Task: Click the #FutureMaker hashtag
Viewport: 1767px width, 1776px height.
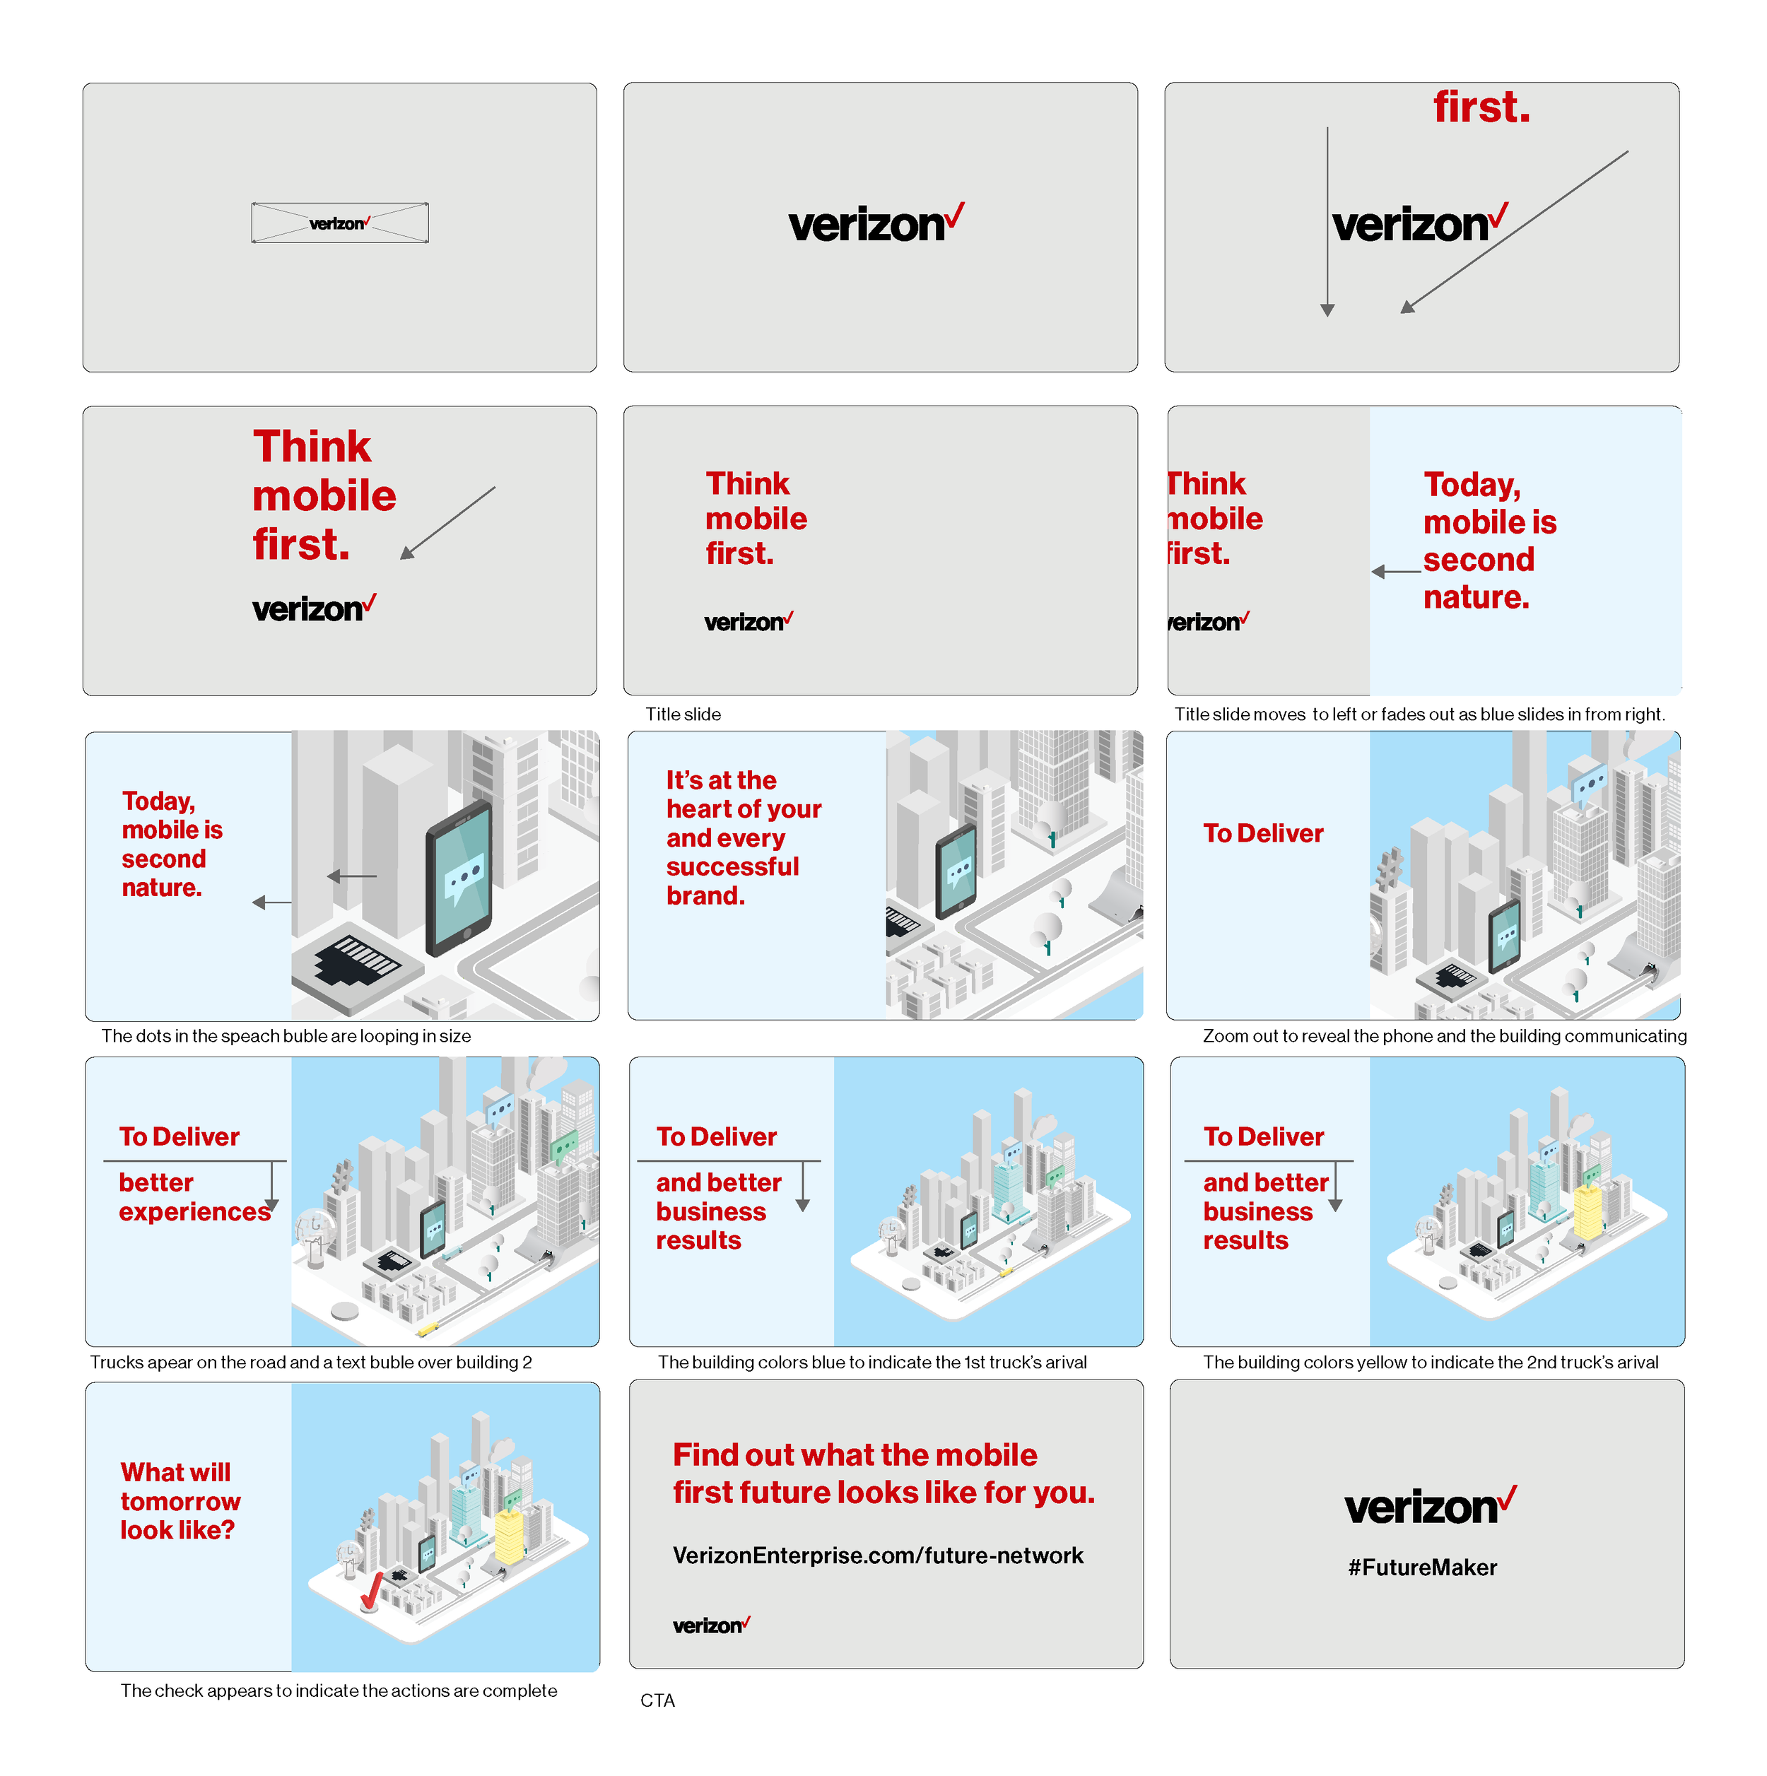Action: click(1422, 1568)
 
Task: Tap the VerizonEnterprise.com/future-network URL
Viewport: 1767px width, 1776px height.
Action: click(878, 1556)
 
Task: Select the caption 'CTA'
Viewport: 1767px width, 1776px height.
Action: click(657, 1700)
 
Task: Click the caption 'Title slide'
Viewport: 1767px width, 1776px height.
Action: click(683, 714)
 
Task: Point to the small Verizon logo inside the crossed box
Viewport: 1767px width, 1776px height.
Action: click(339, 223)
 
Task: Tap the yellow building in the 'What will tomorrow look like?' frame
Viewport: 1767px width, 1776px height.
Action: click(508, 1534)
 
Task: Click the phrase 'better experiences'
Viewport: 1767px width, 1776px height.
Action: click(194, 1197)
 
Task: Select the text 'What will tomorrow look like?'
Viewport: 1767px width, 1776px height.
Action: click(180, 1501)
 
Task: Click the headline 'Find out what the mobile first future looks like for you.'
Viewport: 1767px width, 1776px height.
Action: click(883, 1474)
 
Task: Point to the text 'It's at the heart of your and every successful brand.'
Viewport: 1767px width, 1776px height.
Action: click(743, 837)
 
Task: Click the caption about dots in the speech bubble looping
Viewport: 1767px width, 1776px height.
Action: click(286, 1036)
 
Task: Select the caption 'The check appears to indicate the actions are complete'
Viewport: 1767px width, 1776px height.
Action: click(339, 1690)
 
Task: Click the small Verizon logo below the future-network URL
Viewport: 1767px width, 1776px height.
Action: click(710, 1625)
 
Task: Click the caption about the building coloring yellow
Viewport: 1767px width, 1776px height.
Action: click(1431, 1363)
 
